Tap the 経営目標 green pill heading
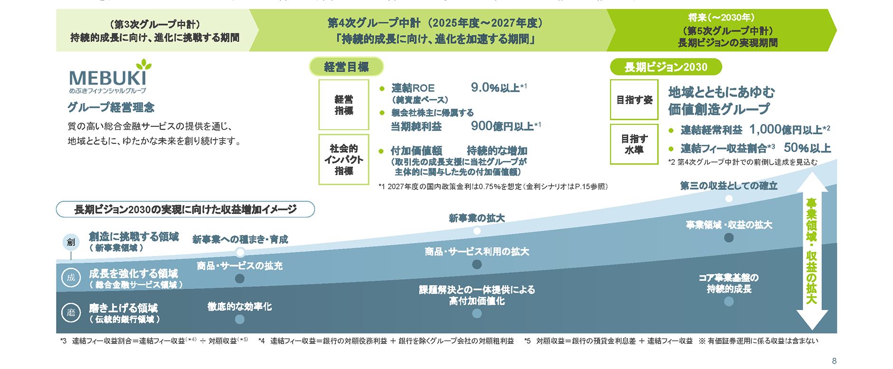[346, 67]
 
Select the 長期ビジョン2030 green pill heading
[665, 67]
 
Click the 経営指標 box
[343, 104]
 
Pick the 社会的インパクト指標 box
[343, 160]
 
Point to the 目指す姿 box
[634, 100]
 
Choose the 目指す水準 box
[634, 144]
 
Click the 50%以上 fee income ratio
[807, 148]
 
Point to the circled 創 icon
[71, 242]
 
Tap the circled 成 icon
[71, 278]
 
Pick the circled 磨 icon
[71, 312]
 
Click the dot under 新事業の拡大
[477, 231]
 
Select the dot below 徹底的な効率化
[239, 319]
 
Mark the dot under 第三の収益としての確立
[729, 199]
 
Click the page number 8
[834, 361]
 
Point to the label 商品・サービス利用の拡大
[477, 252]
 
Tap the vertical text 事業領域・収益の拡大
[811, 251]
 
